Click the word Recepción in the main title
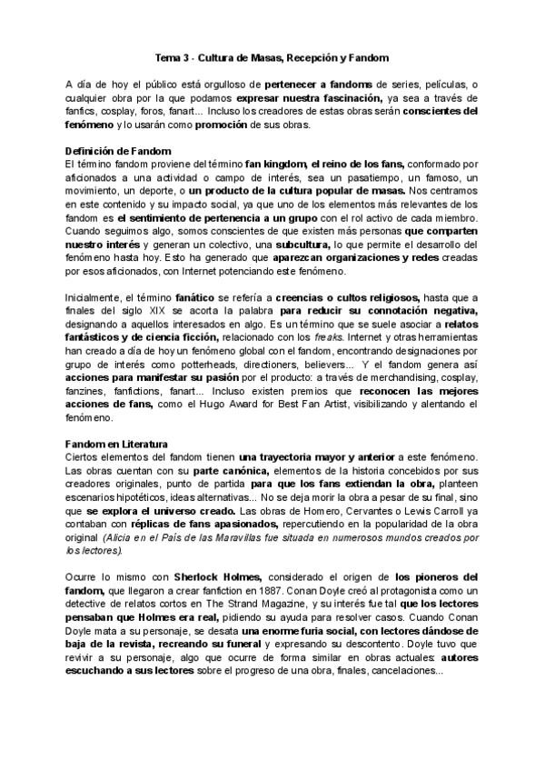click(x=294, y=57)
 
